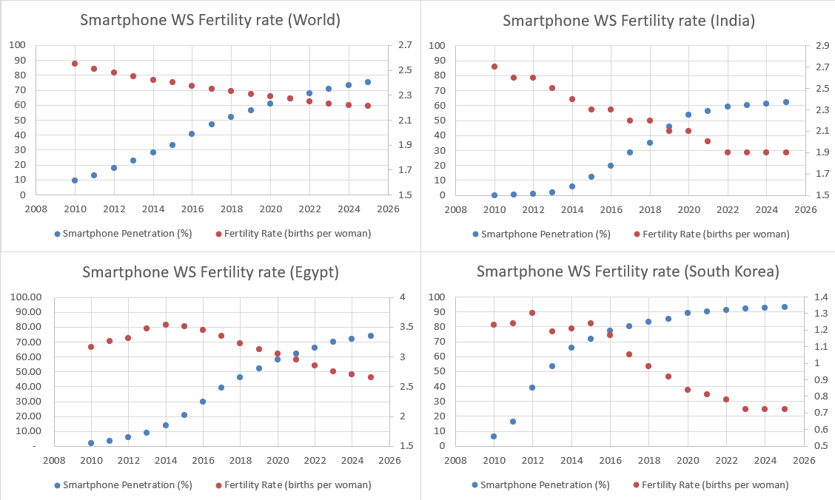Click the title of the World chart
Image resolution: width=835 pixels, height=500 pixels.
[x=210, y=20]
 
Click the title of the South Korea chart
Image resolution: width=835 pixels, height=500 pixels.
[x=628, y=271]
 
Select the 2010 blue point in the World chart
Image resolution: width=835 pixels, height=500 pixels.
[x=75, y=180]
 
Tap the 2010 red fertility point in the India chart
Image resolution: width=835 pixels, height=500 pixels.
[x=494, y=67]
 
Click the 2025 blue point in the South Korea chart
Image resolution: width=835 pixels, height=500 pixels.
[x=785, y=307]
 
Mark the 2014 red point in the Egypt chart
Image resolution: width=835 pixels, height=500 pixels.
[x=166, y=325]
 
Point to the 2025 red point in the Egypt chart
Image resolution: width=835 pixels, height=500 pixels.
[x=371, y=377]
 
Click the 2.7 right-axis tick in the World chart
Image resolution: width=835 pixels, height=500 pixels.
[x=406, y=45]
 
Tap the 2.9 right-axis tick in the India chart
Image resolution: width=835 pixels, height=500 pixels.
[x=823, y=46]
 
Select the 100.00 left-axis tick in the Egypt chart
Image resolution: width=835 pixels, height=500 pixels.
[x=26, y=297]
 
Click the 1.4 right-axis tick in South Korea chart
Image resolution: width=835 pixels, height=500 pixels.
[x=822, y=297]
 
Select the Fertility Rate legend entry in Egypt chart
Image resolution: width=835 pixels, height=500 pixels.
[x=293, y=485]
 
